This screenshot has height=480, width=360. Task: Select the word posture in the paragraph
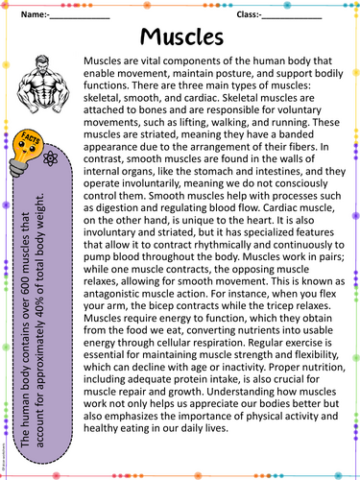[x=240, y=74]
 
